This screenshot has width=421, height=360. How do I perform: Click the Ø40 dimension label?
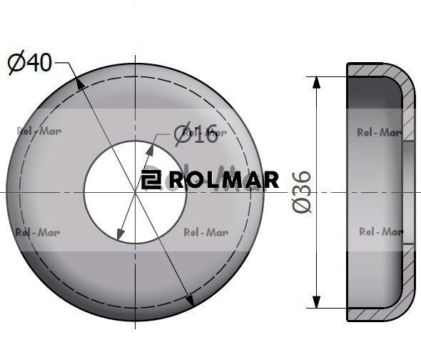pyautogui.click(x=29, y=62)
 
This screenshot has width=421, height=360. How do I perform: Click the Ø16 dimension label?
pyautogui.click(x=196, y=134)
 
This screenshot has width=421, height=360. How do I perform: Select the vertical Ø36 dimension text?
pyautogui.click(x=302, y=191)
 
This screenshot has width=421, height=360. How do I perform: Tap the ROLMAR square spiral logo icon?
pyautogui.click(x=151, y=179)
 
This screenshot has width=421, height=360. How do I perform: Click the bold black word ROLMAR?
pyautogui.click(x=224, y=180)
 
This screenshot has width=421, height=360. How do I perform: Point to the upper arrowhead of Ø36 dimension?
pyautogui.click(x=317, y=82)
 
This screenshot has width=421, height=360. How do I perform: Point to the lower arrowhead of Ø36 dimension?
pyautogui.click(x=317, y=302)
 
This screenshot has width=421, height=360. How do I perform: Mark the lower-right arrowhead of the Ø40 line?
pyautogui.click(x=190, y=300)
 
